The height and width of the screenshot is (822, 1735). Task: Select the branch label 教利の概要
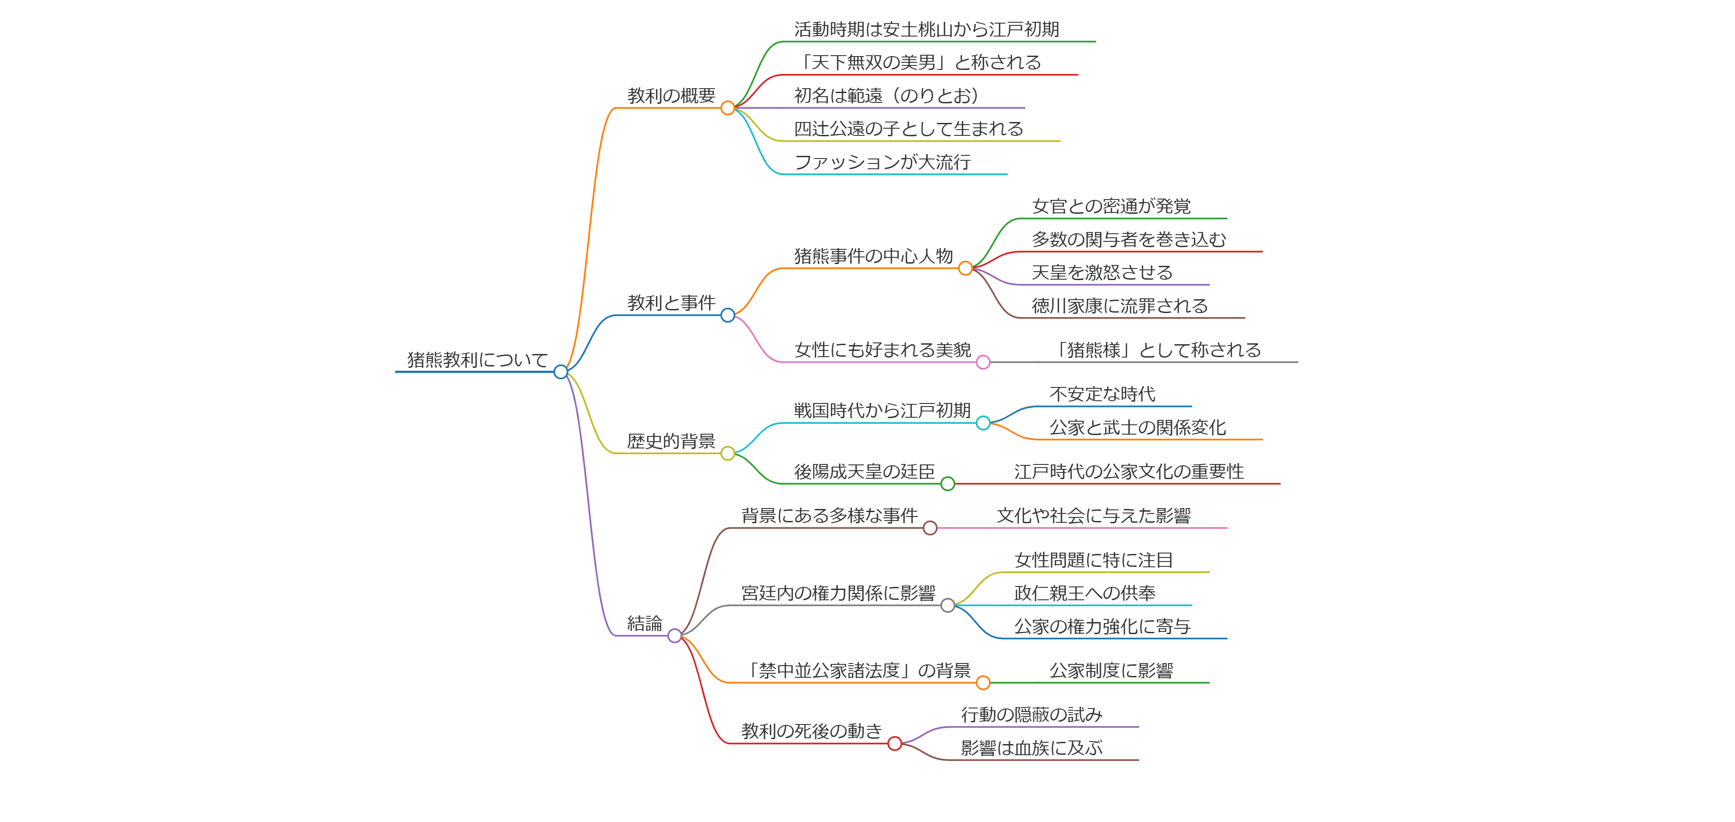671,96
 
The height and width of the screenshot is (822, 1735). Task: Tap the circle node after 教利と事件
727,315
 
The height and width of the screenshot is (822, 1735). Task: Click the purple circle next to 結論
674,635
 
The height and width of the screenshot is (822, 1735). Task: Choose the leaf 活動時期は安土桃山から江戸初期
926,30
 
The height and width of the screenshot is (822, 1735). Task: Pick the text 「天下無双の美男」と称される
917,63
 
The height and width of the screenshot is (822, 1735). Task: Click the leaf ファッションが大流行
882,162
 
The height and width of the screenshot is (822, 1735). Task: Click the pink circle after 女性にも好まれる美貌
983,362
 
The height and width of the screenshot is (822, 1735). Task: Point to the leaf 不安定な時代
1102,394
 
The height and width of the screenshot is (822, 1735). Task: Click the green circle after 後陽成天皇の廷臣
948,484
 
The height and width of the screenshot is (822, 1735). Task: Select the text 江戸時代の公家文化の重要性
1129,471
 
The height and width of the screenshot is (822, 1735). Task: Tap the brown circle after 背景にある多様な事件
930,528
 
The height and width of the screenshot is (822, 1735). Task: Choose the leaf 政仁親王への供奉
1084,593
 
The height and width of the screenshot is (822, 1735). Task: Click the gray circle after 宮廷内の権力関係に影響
948,605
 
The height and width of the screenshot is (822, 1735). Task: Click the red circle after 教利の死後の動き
894,743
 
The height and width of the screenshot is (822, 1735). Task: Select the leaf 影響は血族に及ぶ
1031,748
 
